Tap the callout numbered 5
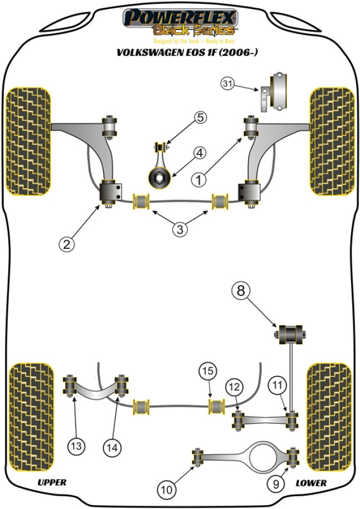(199, 117)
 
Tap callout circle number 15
(207, 371)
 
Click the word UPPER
(52, 483)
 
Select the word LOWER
(311, 483)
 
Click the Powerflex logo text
(181, 18)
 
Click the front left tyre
(28, 142)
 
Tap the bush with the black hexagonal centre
(158, 177)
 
